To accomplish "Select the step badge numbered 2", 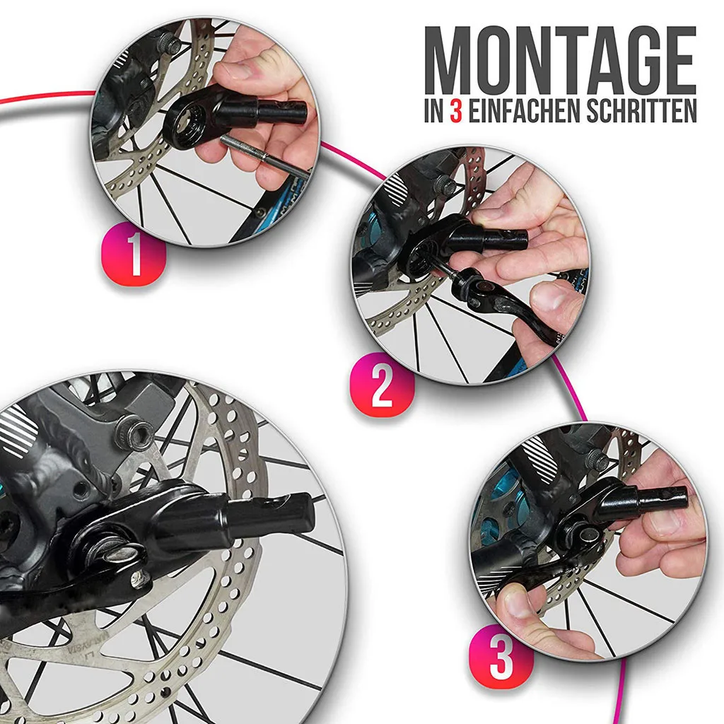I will click(383, 385).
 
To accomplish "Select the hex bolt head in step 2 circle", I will click(445, 186).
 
